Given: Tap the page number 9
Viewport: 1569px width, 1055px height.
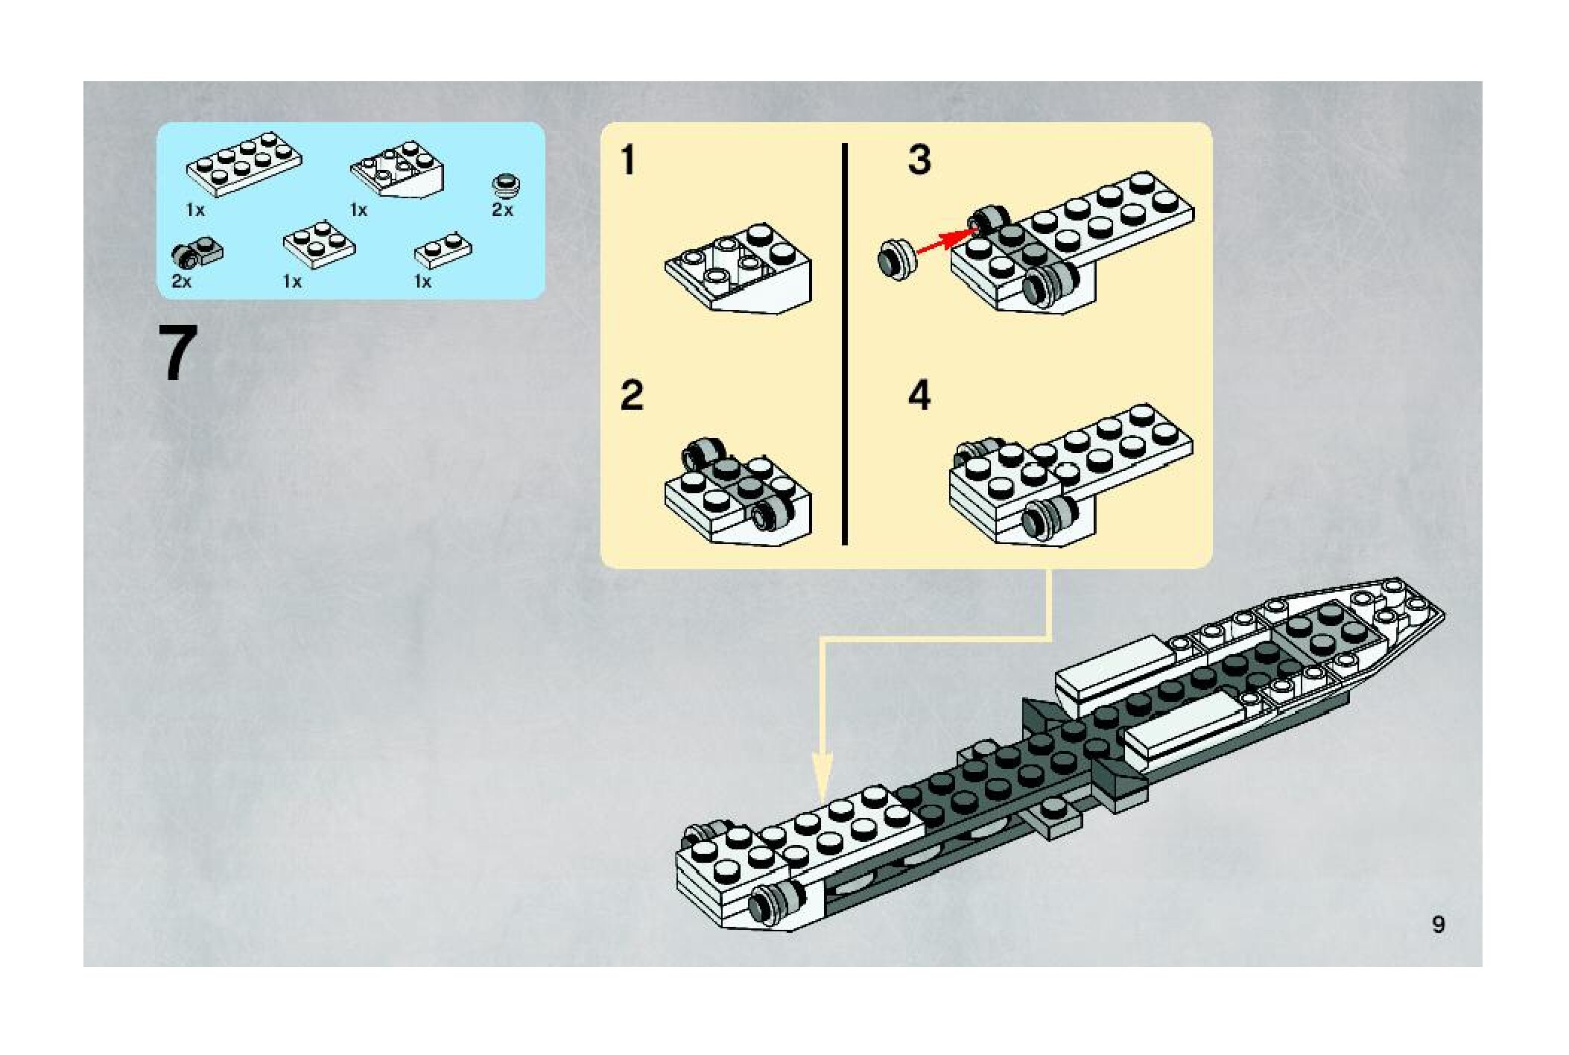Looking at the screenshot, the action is (1438, 925).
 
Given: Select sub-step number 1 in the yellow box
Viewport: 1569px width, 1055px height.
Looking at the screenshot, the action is (629, 161).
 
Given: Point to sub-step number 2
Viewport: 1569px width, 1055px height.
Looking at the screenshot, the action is (632, 395).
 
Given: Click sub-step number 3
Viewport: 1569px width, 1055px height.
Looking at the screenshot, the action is (919, 160).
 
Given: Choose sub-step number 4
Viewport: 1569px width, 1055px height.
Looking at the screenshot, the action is (919, 396).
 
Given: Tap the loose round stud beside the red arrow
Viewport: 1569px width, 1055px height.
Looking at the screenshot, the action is (896, 259).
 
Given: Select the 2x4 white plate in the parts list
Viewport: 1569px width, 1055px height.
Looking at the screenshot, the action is (244, 165).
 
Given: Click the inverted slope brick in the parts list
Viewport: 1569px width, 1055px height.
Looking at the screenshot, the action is (399, 168).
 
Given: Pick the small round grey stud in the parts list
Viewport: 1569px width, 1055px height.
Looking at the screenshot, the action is (507, 183).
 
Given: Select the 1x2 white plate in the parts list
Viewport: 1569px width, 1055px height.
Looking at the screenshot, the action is (443, 250).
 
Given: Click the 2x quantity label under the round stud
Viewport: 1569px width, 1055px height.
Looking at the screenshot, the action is (503, 210).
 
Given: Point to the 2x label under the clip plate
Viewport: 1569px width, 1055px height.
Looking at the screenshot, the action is (181, 282).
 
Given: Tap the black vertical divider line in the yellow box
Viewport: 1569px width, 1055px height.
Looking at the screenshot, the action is (845, 344).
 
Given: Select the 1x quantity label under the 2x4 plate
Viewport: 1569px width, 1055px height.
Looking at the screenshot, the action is (195, 211).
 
